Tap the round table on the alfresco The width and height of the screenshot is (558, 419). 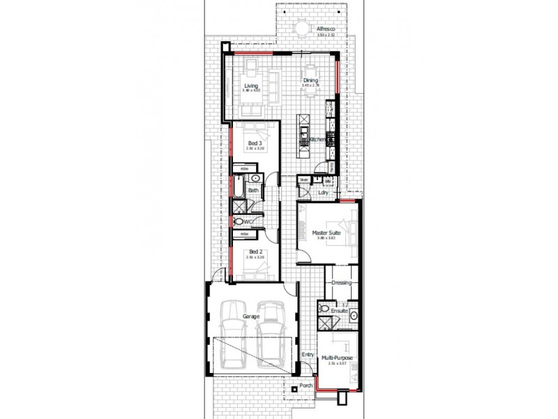(302, 29)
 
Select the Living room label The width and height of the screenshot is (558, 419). (250, 86)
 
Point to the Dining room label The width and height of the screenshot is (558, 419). (310, 80)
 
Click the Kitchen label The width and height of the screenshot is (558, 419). (315, 140)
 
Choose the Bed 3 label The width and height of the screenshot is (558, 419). (255, 143)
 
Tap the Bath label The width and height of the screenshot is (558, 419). (254, 190)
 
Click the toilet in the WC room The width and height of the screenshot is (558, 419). (239, 222)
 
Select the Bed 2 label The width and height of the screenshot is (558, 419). (255, 251)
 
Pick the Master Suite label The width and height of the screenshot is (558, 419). (326, 233)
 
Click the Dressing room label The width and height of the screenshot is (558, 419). (341, 283)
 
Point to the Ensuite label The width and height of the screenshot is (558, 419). (340, 310)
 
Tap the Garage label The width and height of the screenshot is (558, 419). (251, 316)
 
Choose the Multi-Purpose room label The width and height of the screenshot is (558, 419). (337, 359)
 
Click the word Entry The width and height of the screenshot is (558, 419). (307, 354)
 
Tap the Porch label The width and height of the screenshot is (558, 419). (306, 386)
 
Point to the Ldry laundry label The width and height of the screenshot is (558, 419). (324, 192)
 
